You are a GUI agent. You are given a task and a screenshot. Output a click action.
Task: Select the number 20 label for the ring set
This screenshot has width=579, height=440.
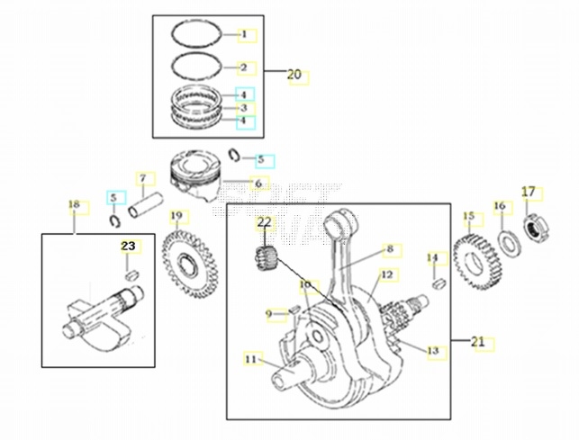[294, 75]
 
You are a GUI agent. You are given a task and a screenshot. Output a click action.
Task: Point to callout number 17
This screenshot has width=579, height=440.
[529, 192]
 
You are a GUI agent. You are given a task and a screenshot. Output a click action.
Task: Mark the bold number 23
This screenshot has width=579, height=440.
[128, 245]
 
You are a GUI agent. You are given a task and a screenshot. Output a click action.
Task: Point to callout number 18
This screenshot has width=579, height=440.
[74, 206]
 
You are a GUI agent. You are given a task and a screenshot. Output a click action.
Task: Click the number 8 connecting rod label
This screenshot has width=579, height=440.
[390, 248]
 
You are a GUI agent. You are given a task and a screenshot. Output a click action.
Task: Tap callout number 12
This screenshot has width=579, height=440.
[386, 274]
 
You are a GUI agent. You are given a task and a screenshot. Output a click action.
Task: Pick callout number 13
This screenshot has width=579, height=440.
[432, 350]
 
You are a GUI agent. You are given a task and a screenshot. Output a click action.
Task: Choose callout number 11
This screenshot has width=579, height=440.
[249, 360]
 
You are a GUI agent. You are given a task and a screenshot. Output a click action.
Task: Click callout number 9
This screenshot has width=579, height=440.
[268, 313]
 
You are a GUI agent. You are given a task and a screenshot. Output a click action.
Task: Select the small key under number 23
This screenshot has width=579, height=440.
[131, 274]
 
